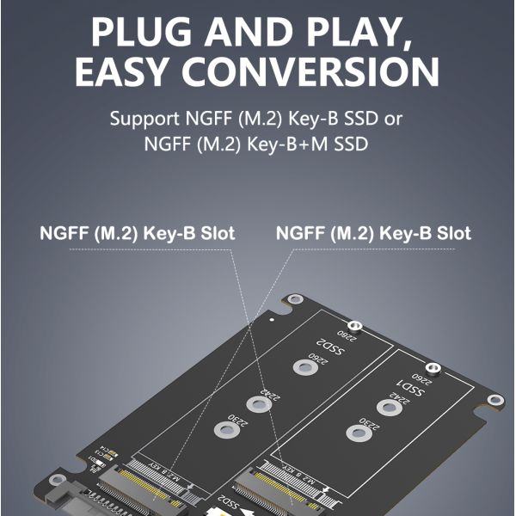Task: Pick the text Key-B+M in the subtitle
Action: (283, 144)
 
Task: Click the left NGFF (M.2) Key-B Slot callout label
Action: (138, 233)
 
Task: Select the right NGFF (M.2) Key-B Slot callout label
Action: (373, 233)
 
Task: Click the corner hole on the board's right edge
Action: (495, 401)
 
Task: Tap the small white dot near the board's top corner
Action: (273, 316)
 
